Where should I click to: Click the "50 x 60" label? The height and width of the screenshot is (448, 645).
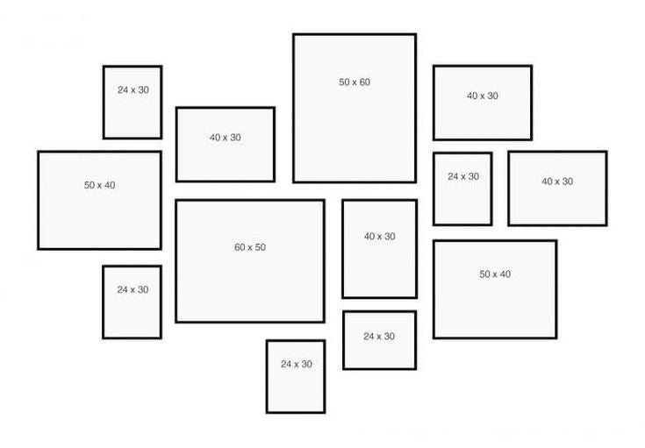tap(355, 82)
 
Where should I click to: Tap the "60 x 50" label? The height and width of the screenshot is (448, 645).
tap(250, 247)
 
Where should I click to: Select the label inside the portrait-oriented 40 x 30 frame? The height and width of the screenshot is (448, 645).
tap(380, 237)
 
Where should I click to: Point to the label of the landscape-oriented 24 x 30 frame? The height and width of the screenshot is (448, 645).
tap(379, 336)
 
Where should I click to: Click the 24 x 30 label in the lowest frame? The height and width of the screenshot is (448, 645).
tap(297, 364)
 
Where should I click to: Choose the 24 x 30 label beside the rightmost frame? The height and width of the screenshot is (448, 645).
tap(463, 176)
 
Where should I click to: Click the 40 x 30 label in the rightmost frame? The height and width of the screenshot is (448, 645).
tap(557, 181)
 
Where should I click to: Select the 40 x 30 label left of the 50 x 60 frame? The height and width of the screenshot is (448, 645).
tap(226, 138)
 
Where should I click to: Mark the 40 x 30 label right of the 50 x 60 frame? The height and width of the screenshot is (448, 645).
tap(483, 96)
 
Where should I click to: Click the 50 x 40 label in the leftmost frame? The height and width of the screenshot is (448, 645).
tap(99, 185)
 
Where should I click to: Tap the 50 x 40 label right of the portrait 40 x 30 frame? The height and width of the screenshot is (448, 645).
tap(495, 274)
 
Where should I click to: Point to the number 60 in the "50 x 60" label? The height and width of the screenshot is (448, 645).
tap(364, 82)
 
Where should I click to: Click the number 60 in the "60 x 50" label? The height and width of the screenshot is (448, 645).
tap(240, 247)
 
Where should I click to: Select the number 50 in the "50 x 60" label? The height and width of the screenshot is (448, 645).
tap(344, 82)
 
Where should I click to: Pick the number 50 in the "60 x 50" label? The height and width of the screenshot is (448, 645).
tap(260, 247)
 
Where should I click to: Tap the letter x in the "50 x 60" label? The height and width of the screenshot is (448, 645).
tap(355, 82)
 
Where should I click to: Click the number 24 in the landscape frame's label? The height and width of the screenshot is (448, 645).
tap(369, 336)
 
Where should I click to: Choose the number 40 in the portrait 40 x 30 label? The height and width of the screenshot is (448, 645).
tap(369, 237)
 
